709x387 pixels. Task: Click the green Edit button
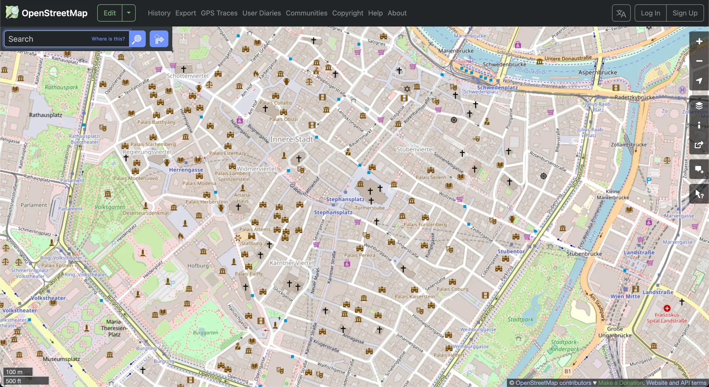109,13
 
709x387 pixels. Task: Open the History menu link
159,13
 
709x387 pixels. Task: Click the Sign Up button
685,13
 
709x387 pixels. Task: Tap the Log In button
650,13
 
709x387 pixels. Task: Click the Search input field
48,39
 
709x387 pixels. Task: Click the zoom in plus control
699,41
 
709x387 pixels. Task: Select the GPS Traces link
219,13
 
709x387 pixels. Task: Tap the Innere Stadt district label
291,139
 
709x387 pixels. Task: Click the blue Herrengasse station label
186,170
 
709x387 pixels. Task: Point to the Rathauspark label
61,87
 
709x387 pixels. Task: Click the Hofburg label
198,266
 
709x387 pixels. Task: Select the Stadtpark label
520,319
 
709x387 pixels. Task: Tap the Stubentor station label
511,251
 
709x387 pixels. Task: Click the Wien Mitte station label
625,296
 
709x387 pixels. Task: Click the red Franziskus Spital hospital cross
667,308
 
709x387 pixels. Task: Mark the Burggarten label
205,333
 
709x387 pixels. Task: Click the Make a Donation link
620,383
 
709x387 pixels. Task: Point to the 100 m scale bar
18,372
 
